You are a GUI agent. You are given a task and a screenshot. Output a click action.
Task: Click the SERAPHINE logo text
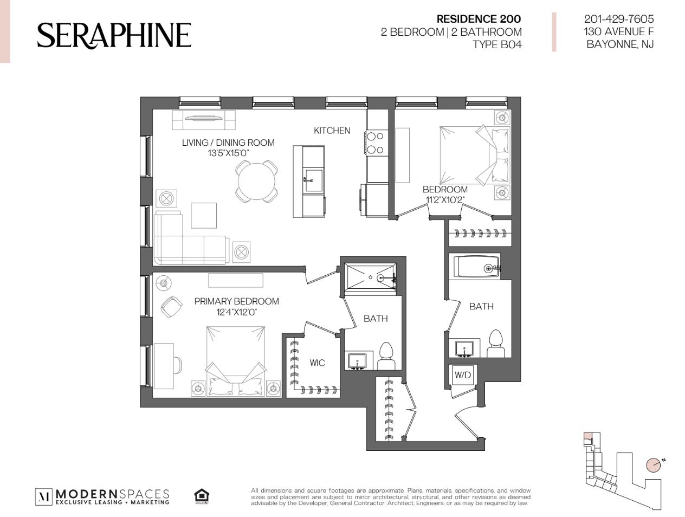pyautogui.click(x=114, y=35)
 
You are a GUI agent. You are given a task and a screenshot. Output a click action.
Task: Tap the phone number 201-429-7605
pyautogui.click(x=619, y=19)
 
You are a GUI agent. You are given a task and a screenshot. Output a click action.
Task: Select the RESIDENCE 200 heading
pyautogui.click(x=479, y=19)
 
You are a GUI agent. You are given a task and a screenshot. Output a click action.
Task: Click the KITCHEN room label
pyautogui.click(x=332, y=131)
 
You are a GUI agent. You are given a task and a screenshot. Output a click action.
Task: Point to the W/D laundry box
pyautogui.click(x=462, y=374)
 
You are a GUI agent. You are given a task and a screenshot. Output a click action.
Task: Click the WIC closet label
pyautogui.click(x=317, y=363)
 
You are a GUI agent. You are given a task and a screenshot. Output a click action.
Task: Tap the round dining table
pyautogui.click(x=256, y=182)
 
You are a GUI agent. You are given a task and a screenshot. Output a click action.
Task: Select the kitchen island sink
pyautogui.click(x=313, y=180)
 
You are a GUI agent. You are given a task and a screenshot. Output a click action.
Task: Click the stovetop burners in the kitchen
pyautogui.click(x=376, y=143)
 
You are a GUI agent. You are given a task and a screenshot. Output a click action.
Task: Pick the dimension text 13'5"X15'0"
pyautogui.click(x=228, y=153)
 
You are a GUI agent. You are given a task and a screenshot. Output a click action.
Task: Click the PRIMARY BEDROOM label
pyautogui.click(x=236, y=301)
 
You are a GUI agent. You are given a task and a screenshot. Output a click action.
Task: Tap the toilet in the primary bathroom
pyautogui.click(x=386, y=356)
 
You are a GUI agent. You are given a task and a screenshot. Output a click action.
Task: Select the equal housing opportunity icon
pyautogui.click(x=202, y=496)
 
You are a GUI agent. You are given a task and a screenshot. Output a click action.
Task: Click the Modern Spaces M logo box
pyautogui.click(x=44, y=497)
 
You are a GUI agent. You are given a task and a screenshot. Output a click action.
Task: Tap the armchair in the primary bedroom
pyautogui.click(x=171, y=307)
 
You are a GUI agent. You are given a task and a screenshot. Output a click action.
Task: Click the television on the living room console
pyautogui.click(x=203, y=118)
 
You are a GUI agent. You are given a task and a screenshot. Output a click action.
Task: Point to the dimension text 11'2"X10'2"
pyautogui.click(x=445, y=200)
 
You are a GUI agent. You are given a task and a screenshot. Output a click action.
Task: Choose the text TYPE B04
pyautogui.click(x=497, y=44)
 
